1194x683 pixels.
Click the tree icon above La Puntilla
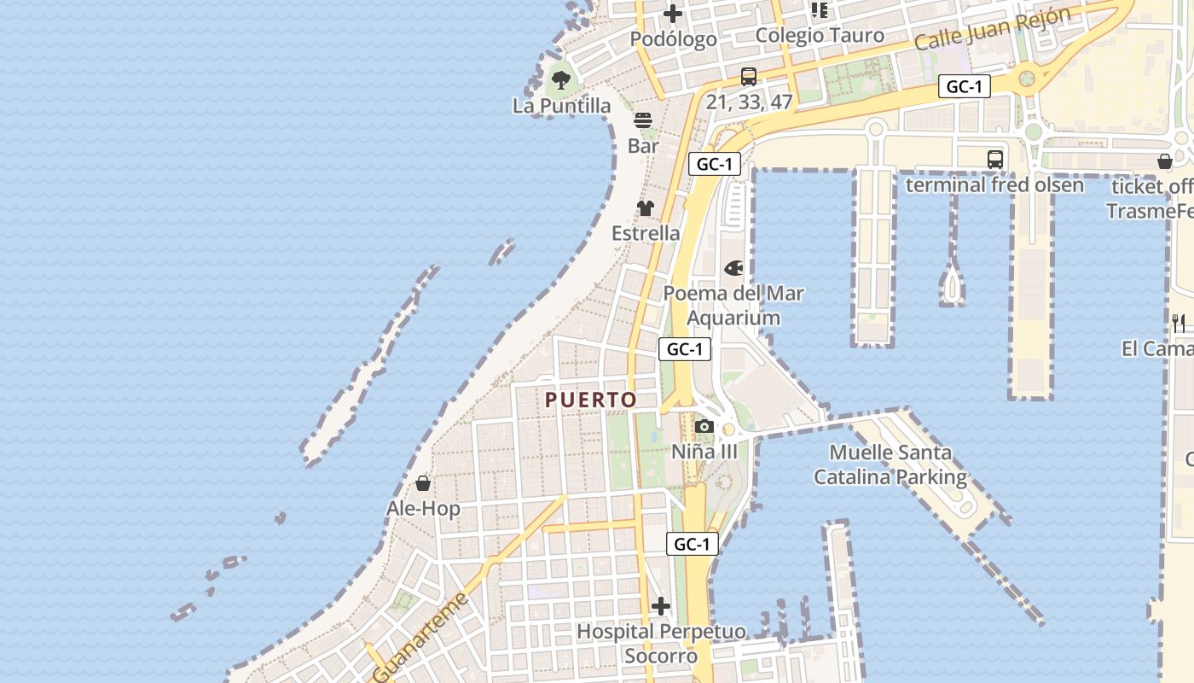point(560,80)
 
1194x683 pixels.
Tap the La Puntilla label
point(561,106)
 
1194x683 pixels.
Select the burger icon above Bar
point(643,120)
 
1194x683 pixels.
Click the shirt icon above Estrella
point(646,207)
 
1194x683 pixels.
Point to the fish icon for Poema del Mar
point(733,269)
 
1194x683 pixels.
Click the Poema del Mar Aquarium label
point(733,306)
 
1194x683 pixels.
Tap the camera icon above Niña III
point(704,426)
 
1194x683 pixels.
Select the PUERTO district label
point(591,400)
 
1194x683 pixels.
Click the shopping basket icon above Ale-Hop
point(423,484)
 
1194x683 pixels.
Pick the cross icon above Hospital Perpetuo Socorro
point(661,606)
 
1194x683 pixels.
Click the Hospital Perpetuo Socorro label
point(661,644)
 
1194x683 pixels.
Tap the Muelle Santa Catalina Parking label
point(890,464)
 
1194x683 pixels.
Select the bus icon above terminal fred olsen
point(994,159)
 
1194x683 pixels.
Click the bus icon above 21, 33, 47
point(748,77)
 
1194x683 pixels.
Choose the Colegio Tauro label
point(820,36)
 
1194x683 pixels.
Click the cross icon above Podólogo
point(673,14)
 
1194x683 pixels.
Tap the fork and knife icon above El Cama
point(1179,323)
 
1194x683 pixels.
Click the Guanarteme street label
point(421,637)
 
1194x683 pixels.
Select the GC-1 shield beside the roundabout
point(964,86)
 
